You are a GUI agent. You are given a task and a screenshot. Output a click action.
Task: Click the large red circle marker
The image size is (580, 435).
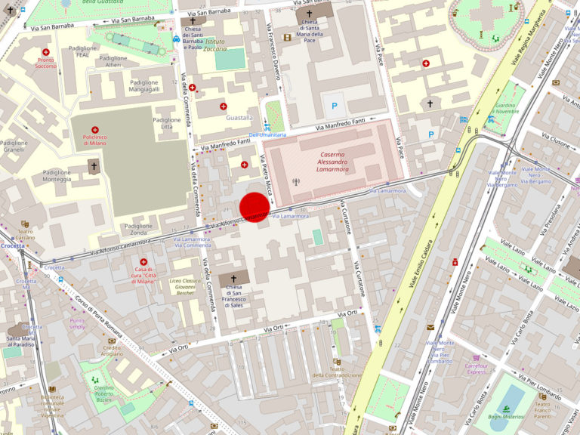(x=255, y=207)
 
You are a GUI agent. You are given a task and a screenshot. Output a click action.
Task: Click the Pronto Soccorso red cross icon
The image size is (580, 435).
(x=45, y=52)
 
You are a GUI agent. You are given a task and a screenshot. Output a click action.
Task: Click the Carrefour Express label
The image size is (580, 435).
(x=476, y=368)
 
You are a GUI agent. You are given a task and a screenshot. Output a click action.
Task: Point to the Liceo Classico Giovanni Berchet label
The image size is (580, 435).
(x=185, y=287)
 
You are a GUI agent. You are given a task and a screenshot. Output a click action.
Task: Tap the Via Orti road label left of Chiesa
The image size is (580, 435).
(x=179, y=346)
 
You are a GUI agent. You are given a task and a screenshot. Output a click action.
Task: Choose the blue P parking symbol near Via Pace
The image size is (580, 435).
(x=432, y=134)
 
